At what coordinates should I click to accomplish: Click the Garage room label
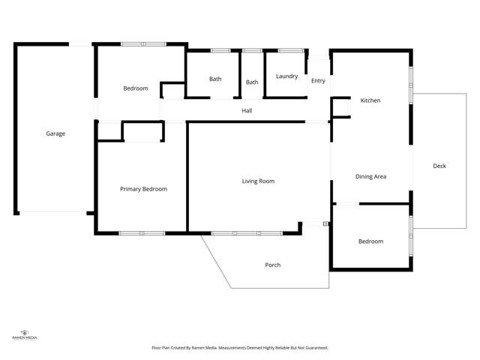55,133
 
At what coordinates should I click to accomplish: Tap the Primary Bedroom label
143,189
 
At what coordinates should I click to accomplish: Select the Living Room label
258,181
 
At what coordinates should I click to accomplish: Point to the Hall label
247,111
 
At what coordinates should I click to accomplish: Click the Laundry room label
286,76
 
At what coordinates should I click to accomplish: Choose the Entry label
318,81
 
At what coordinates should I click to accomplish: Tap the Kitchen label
370,100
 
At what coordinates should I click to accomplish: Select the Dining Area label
370,176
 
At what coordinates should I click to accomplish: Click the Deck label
439,166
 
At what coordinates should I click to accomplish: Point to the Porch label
273,265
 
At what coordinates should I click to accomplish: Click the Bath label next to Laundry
252,82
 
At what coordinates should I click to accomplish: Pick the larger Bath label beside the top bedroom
215,79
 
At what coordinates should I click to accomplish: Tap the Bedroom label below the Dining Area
370,241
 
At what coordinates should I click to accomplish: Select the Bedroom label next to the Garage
136,88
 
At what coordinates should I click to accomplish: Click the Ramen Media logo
25,334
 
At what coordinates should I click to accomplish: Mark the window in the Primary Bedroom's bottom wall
142,233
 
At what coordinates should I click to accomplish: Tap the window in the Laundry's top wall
289,50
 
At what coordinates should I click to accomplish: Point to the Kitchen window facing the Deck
411,85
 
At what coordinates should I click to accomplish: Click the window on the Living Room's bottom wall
247,233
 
